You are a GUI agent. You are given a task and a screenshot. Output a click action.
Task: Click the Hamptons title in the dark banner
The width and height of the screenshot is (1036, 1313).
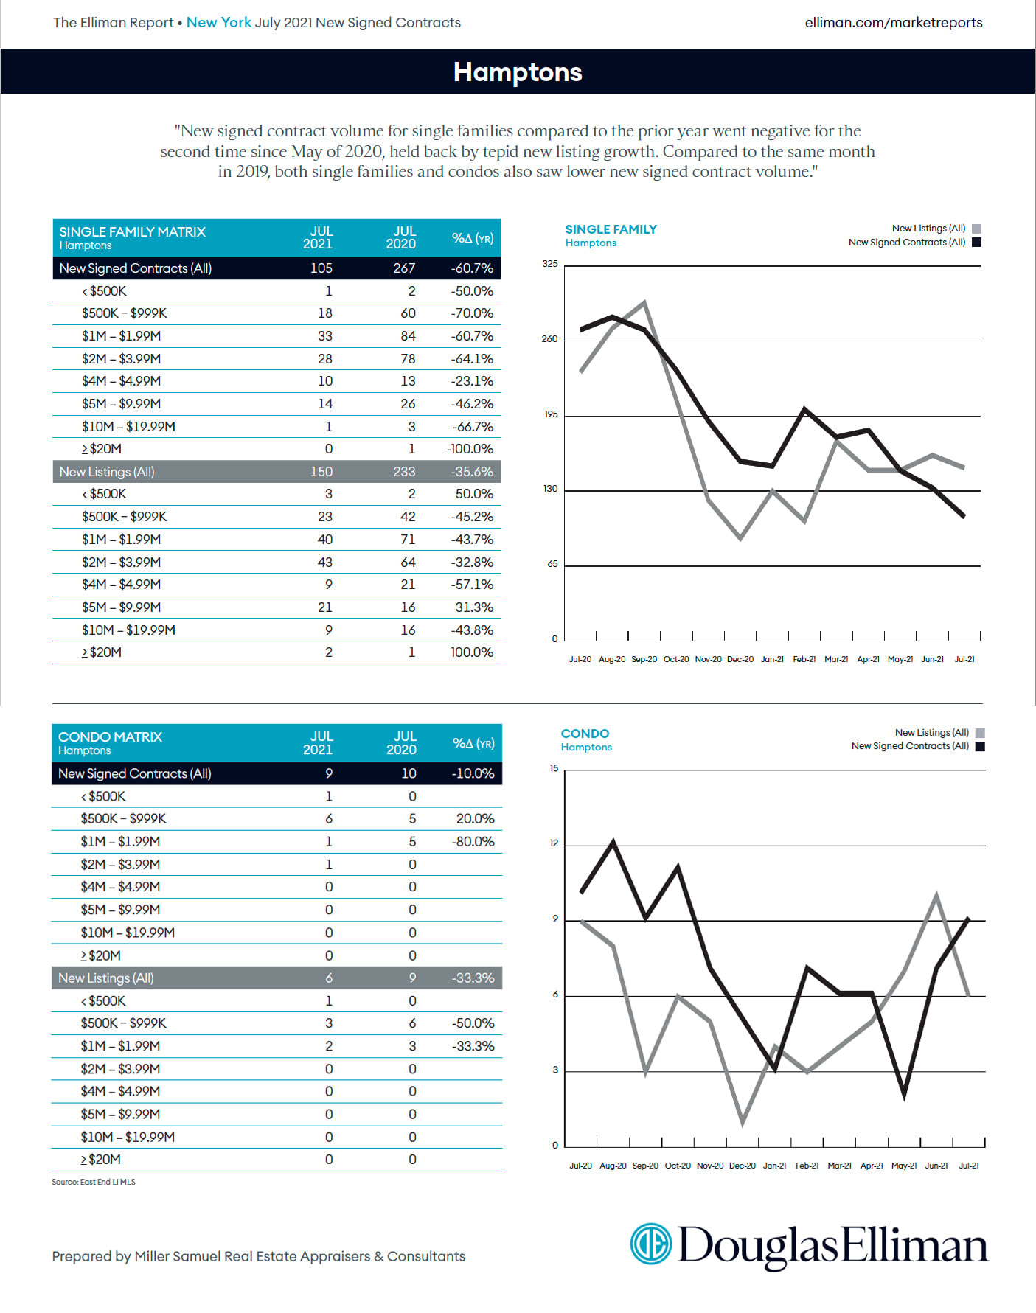click(x=518, y=72)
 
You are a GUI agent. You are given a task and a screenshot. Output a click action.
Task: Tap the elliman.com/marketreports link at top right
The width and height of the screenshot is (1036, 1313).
click(x=893, y=23)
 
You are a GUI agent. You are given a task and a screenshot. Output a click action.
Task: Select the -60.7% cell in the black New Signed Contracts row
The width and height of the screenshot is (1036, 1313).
click(x=472, y=268)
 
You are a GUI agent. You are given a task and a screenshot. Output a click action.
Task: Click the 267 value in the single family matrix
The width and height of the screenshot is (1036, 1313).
click(x=404, y=268)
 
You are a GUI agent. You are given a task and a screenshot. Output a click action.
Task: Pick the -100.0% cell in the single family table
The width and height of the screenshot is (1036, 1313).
click(x=470, y=449)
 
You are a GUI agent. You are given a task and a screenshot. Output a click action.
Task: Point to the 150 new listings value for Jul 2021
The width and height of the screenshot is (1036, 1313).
click(x=321, y=472)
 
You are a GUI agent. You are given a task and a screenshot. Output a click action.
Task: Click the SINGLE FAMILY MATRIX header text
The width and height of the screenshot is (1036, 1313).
click(x=133, y=232)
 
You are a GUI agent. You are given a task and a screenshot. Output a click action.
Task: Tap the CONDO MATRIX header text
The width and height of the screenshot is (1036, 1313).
click(x=111, y=737)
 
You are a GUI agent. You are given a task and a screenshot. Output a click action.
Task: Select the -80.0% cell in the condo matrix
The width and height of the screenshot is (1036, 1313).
click(x=473, y=842)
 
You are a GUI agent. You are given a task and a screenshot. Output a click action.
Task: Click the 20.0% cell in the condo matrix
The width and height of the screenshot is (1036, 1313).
click(x=475, y=819)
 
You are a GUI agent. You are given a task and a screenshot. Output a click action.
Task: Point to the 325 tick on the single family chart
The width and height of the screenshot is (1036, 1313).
click(x=550, y=264)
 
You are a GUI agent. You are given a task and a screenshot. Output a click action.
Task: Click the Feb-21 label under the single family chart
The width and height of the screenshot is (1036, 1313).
click(x=804, y=659)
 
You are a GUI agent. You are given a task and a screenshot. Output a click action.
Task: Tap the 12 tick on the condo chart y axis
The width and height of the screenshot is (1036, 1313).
click(x=554, y=843)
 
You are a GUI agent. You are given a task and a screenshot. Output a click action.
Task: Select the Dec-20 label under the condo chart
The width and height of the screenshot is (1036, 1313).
click(x=742, y=1166)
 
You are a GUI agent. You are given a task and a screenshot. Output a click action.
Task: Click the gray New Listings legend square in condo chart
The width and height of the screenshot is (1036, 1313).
click(x=980, y=733)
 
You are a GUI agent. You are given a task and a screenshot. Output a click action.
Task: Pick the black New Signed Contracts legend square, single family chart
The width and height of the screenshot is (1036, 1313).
click(x=977, y=243)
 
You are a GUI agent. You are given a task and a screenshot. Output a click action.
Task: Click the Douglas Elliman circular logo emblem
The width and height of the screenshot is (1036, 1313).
click(x=651, y=1244)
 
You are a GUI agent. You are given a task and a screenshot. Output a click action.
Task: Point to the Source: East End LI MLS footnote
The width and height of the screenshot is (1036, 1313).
click(x=94, y=1182)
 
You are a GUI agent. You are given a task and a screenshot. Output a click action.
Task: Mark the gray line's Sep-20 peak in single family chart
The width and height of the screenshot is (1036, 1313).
click(x=644, y=302)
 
